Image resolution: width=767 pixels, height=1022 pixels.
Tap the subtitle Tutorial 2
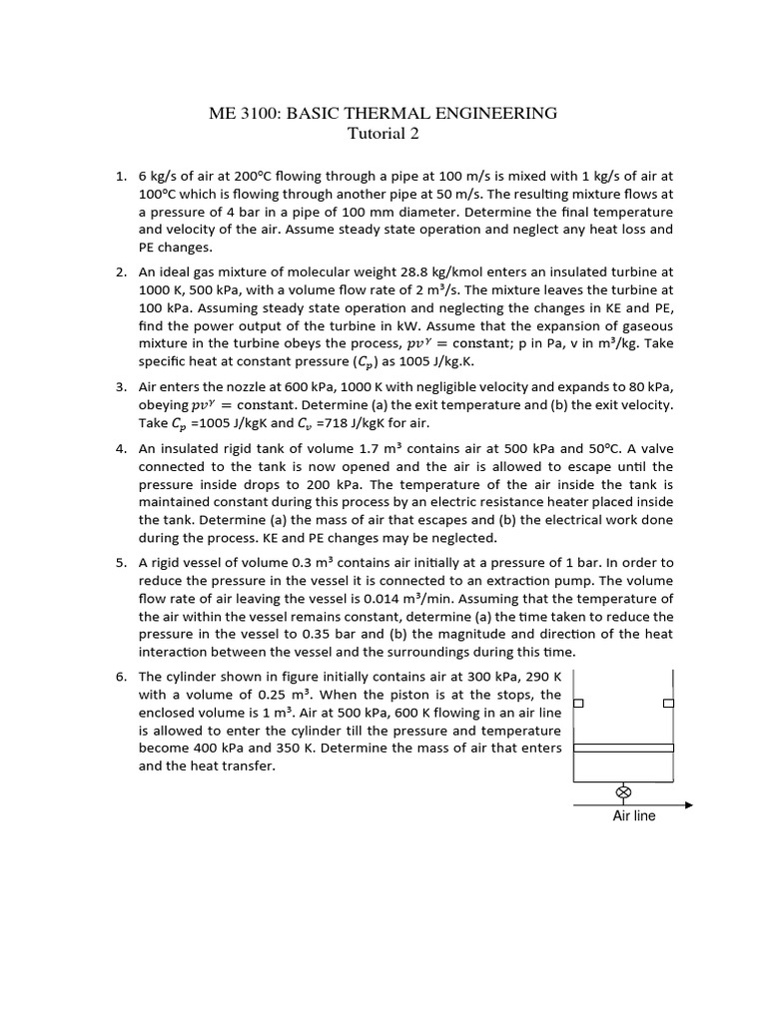tap(383, 134)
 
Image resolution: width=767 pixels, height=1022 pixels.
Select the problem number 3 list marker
tap(120, 387)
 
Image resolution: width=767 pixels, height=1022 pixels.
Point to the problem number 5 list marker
tap(120, 563)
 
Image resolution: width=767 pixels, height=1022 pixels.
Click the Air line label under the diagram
tap(634, 815)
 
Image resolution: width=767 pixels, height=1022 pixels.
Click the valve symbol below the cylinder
tap(624, 792)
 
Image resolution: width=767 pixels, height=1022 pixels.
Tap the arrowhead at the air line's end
tap(688, 804)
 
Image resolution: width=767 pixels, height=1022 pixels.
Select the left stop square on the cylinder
tap(576, 704)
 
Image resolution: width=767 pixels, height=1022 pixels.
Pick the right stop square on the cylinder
tap(669, 704)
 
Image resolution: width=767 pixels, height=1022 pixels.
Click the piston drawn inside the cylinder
tap(623, 748)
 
